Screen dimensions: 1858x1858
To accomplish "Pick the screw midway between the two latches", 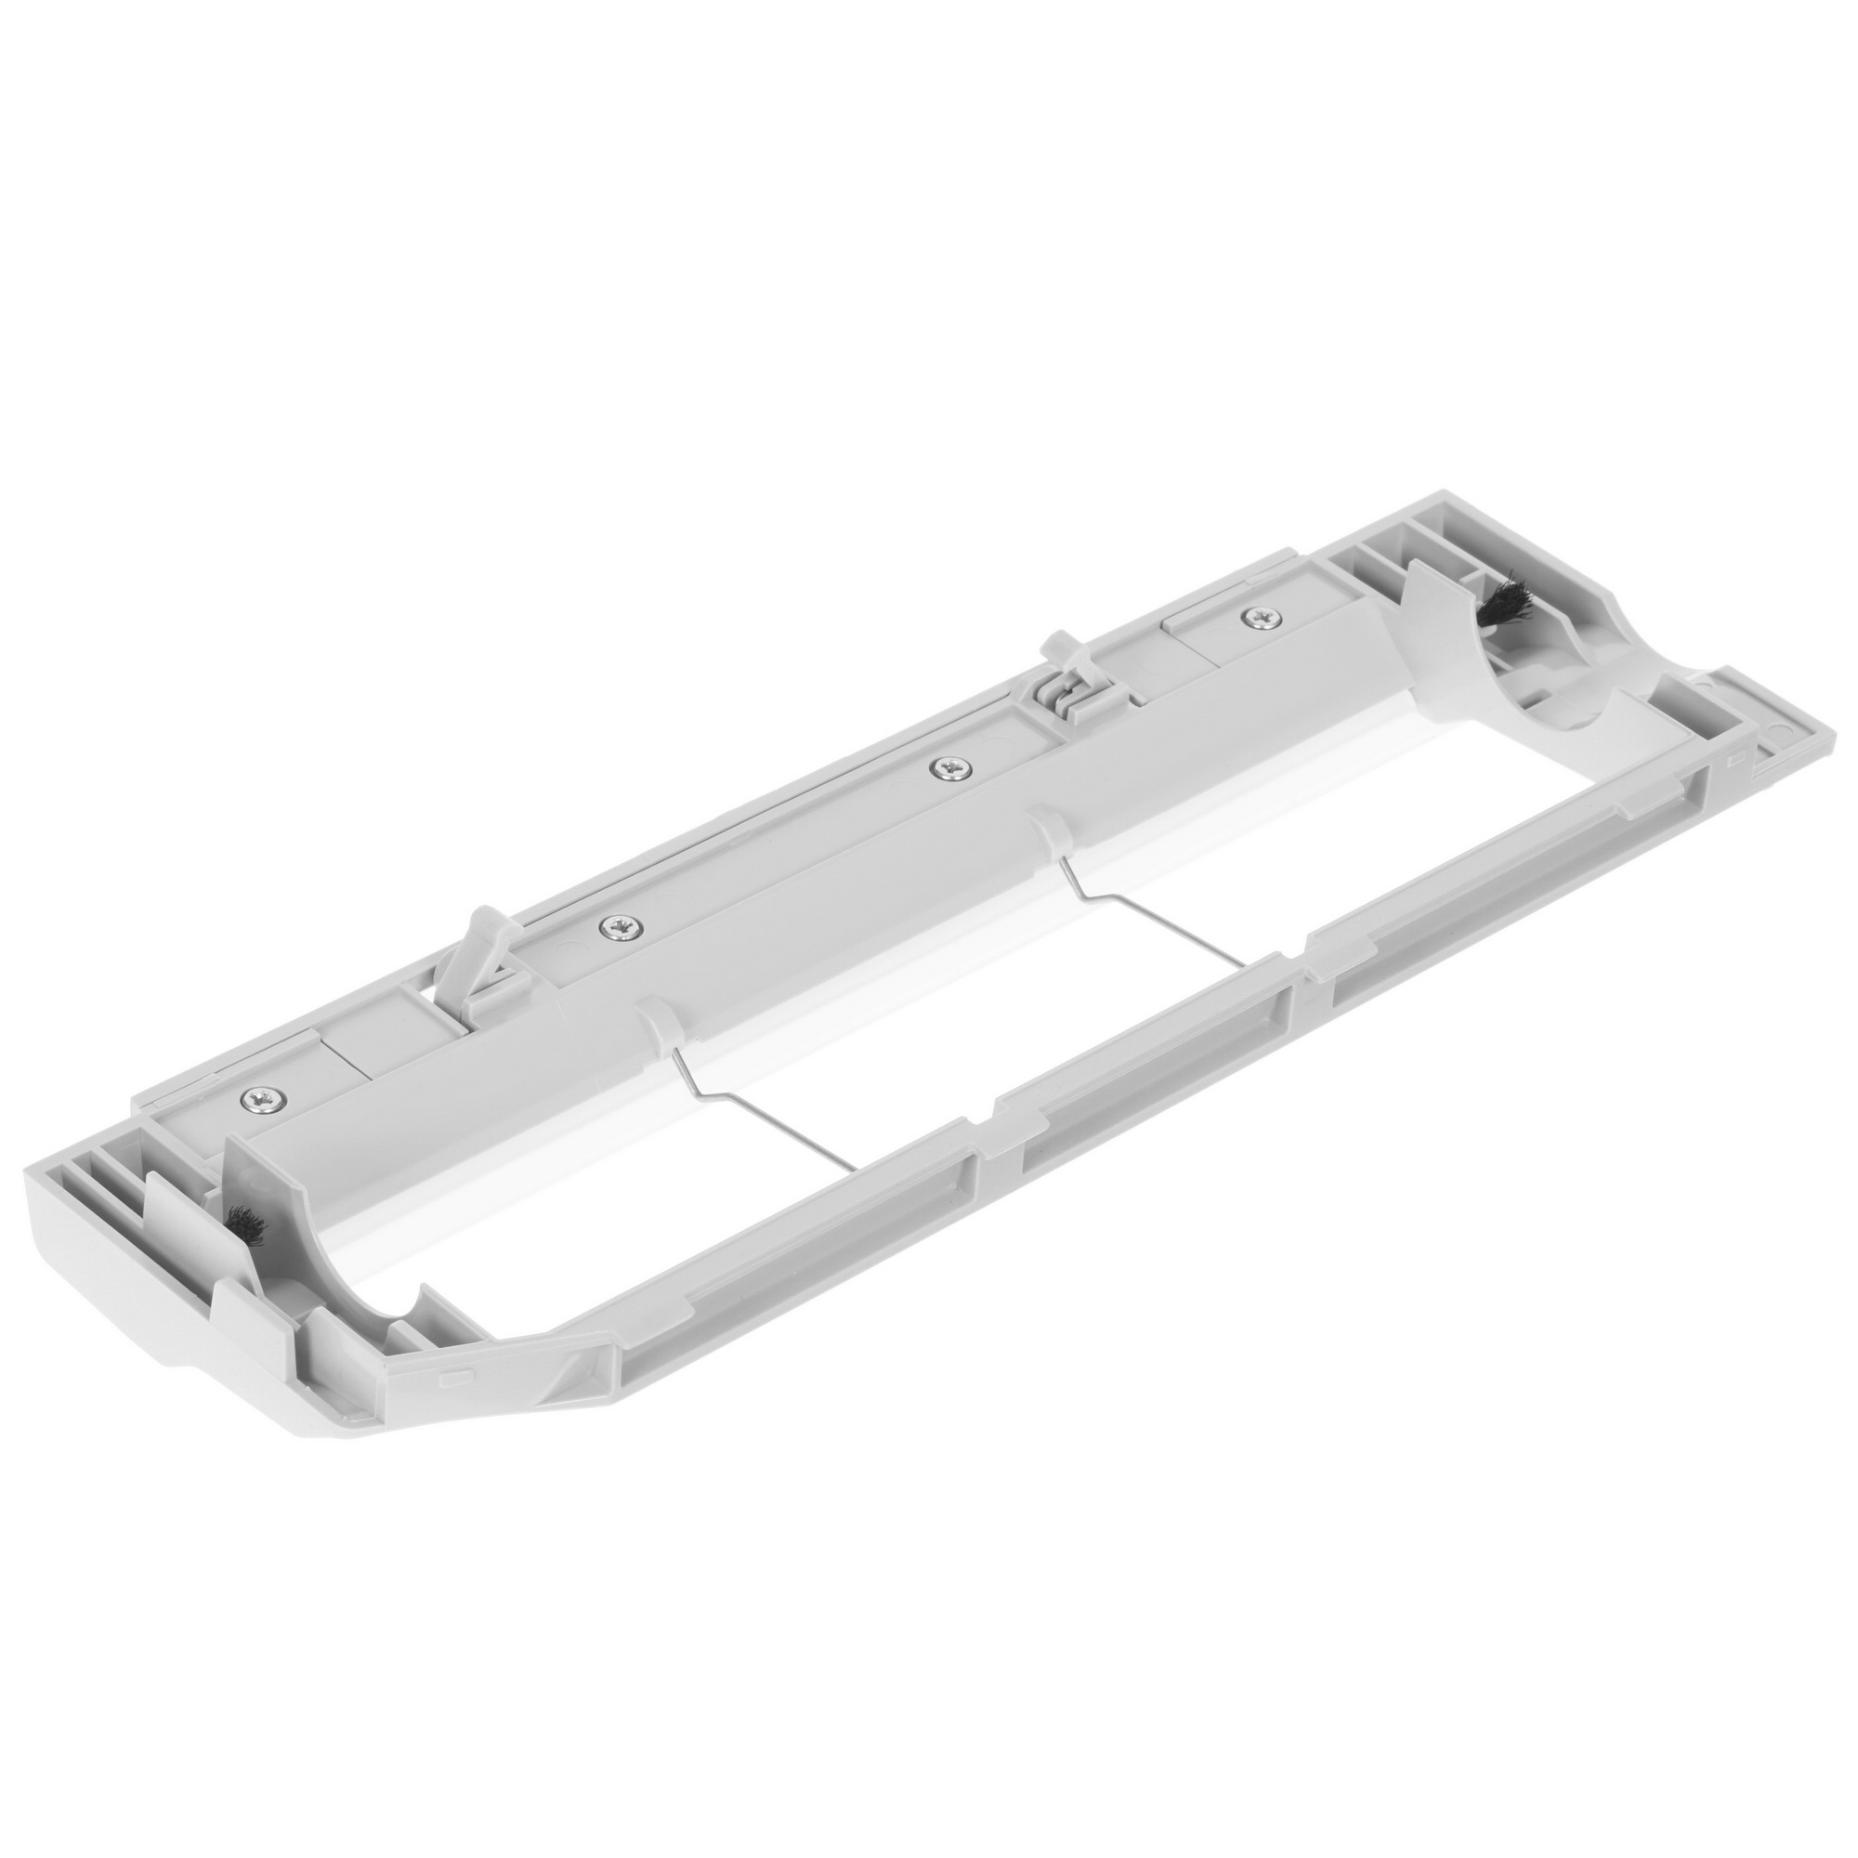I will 949,767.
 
